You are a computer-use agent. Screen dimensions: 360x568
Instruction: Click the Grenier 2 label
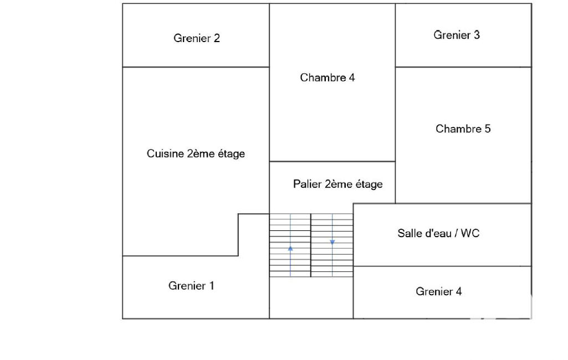pos(197,38)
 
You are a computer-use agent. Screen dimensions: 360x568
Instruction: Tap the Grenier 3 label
pos(457,35)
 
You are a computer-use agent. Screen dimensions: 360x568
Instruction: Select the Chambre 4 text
pos(327,78)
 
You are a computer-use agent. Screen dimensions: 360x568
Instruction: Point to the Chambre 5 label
pos(463,128)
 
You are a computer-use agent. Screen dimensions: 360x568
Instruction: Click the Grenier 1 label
pos(191,286)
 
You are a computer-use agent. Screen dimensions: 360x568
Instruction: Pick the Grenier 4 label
pos(438,291)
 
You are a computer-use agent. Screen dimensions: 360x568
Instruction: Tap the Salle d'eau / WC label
pos(438,233)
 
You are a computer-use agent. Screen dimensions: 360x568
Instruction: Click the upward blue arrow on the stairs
pos(290,249)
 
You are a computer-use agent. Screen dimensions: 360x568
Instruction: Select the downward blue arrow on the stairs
pos(332,242)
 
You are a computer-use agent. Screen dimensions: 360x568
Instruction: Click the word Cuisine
pos(165,154)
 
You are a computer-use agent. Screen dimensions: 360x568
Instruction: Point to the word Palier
pos(306,184)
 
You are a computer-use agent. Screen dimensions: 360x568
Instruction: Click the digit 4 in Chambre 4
pos(351,78)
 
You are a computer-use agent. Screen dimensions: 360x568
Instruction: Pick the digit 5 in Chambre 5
pos(487,128)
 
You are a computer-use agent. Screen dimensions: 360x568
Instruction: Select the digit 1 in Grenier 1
pos(211,286)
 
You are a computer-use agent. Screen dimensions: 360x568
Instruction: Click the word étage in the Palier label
pos(368,184)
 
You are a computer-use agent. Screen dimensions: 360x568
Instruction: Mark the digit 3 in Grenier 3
pos(477,35)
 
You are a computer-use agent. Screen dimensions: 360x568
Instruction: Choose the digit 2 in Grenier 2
pos(217,38)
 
